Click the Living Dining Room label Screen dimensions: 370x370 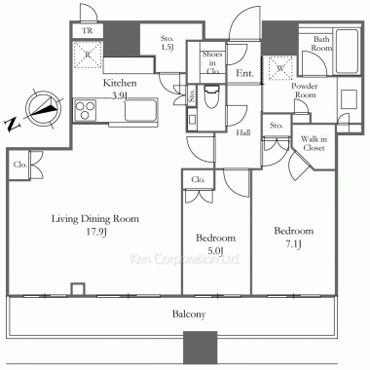point(95,219)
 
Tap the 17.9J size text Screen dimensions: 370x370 point(95,233)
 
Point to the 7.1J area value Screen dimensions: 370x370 point(293,244)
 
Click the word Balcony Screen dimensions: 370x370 point(189,314)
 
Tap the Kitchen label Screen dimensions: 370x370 point(120,83)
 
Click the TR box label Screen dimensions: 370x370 point(87,31)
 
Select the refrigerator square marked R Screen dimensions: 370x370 point(88,55)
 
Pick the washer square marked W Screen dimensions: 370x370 point(280,68)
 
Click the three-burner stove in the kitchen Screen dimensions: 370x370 point(86,110)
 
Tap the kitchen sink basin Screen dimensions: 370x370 point(140,110)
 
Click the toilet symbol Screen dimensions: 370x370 point(212,96)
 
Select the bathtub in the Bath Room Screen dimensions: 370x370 point(347,52)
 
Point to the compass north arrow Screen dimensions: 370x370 point(43,108)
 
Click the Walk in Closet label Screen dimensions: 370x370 point(314,143)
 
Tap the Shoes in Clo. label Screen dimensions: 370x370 point(212,62)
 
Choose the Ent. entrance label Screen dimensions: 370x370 point(244,73)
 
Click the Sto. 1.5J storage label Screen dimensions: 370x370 point(167,43)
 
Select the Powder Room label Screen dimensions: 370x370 point(304,91)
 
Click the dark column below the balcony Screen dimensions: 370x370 point(201,348)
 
